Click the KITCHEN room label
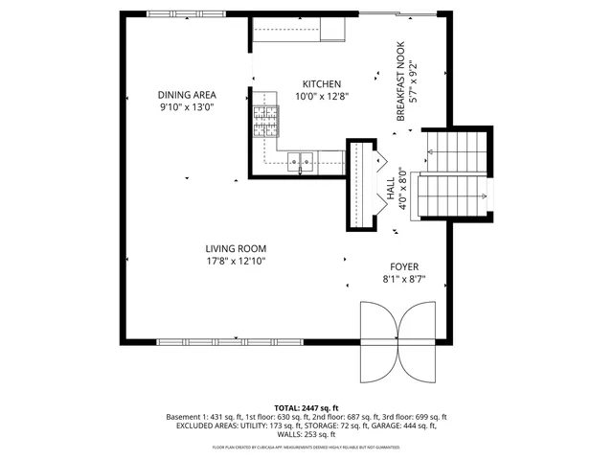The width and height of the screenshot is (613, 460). pos(321,82)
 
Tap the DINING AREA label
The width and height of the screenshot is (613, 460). pos(187,94)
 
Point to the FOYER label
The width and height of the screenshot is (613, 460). pos(403,267)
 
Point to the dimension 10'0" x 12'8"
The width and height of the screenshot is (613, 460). pos(321,95)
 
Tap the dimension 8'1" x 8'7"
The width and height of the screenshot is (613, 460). pos(403,280)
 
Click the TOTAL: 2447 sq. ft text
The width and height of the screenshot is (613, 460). pos(306,408)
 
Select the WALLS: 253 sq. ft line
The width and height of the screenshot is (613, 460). pos(306,435)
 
